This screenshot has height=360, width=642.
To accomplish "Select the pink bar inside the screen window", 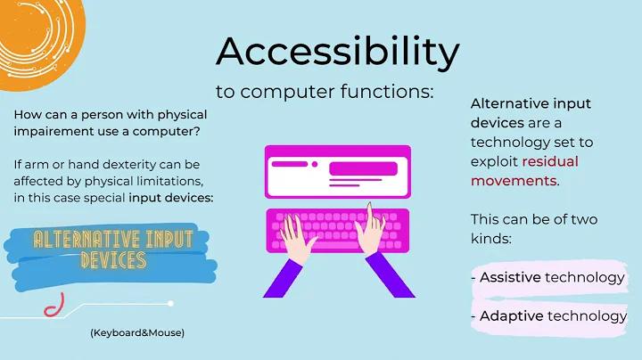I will [363, 169].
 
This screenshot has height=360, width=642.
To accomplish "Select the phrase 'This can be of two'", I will [534, 219].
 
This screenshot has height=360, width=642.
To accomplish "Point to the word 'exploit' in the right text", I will [495, 161].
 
